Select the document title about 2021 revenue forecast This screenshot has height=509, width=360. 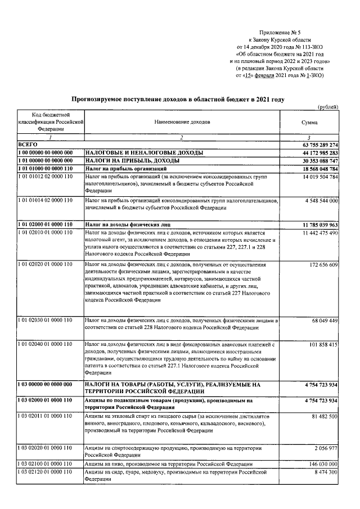pos(178,99)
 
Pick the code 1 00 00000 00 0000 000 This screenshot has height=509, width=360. pos(46,152)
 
